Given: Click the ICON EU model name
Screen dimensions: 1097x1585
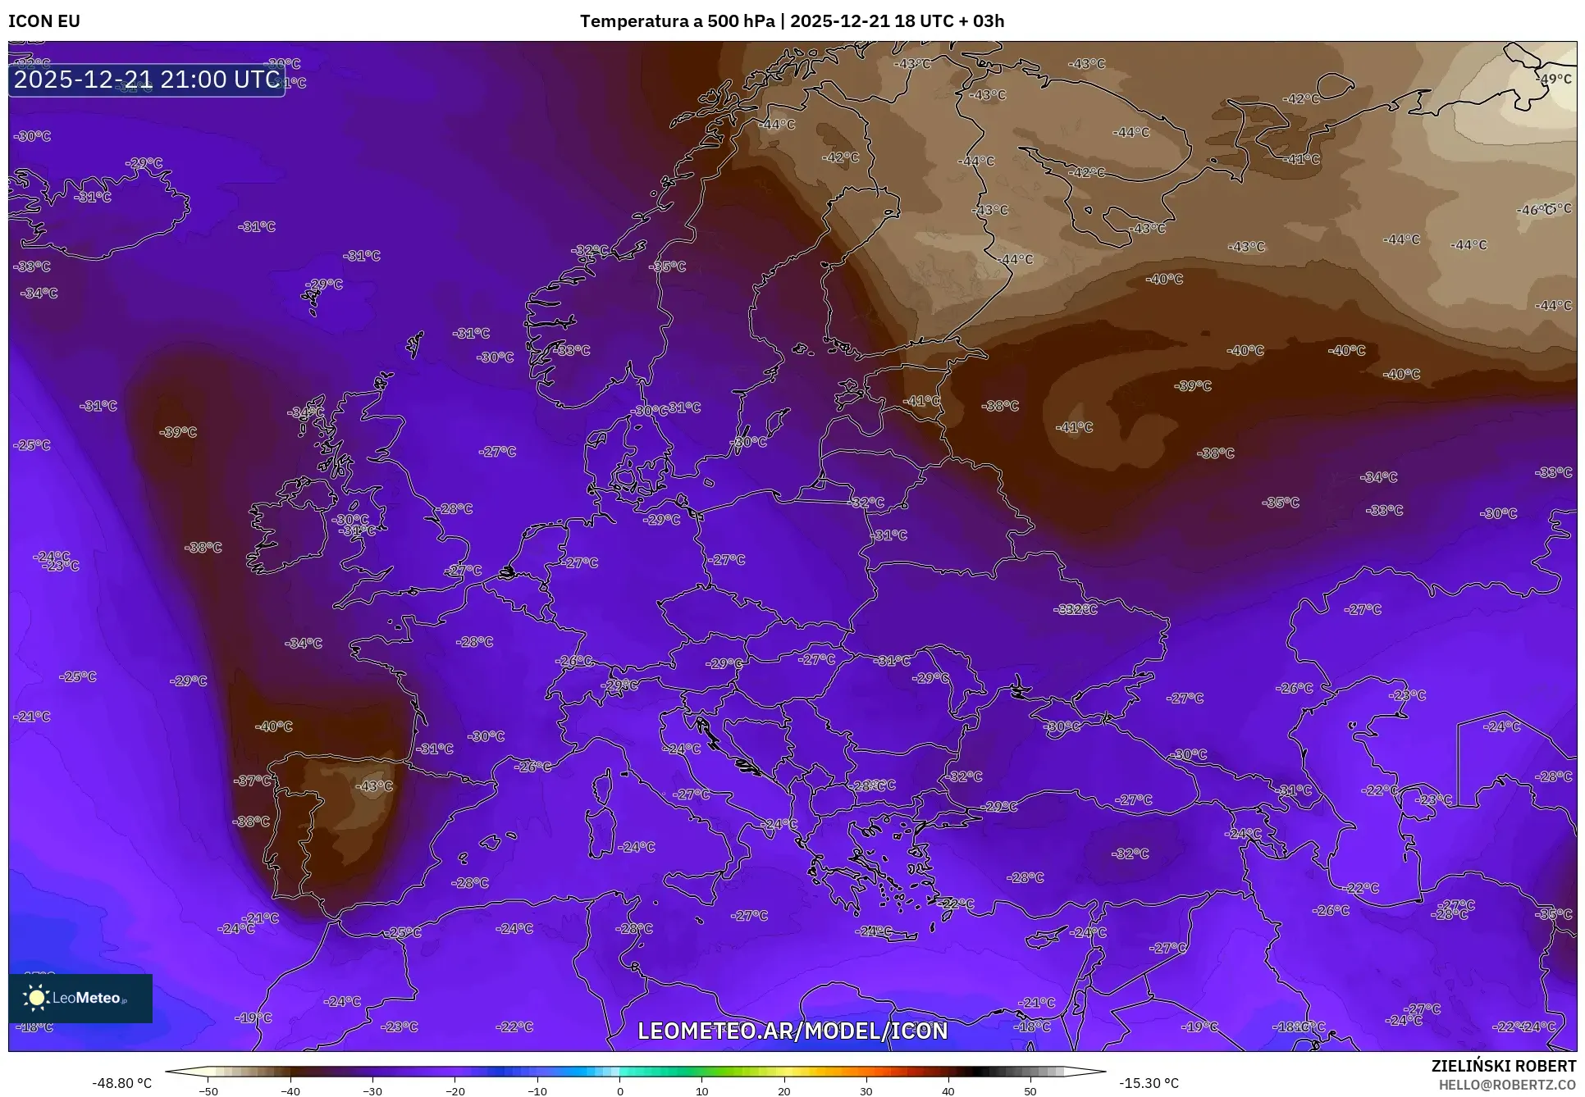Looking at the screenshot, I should [x=44, y=21].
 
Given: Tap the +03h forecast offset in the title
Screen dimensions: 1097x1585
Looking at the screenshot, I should [x=983, y=21].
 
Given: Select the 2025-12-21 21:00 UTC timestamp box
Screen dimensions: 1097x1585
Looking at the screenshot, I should [x=147, y=80].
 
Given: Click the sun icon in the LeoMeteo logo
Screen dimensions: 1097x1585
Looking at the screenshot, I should [x=36, y=998].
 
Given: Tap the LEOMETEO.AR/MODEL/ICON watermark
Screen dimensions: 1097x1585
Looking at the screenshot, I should [x=792, y=1031].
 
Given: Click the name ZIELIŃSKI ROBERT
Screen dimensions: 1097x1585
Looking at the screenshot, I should [x=1503, y=1067].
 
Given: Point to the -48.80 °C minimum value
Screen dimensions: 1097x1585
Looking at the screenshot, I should [x=122, y=1083].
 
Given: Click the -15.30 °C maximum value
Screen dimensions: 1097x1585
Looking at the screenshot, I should [x=1149, y=1083].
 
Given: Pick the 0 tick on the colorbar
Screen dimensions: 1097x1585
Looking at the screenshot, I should [x=619, y=1091].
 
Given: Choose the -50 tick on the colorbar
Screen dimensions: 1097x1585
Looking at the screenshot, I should [x=208, y=1091].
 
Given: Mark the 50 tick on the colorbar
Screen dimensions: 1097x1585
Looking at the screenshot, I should [x=1030, y=1091].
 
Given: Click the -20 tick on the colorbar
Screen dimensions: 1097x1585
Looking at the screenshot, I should [x=454, y=1091].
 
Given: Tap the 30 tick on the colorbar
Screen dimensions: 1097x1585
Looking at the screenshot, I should [x=866, y=1091].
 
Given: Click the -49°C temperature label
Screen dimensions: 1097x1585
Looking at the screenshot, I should [x=1554, y=80].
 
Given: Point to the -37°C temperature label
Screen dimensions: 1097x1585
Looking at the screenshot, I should [x=253, y=781].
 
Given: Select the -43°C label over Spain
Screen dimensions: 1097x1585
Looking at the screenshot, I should [x=374, y=786].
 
